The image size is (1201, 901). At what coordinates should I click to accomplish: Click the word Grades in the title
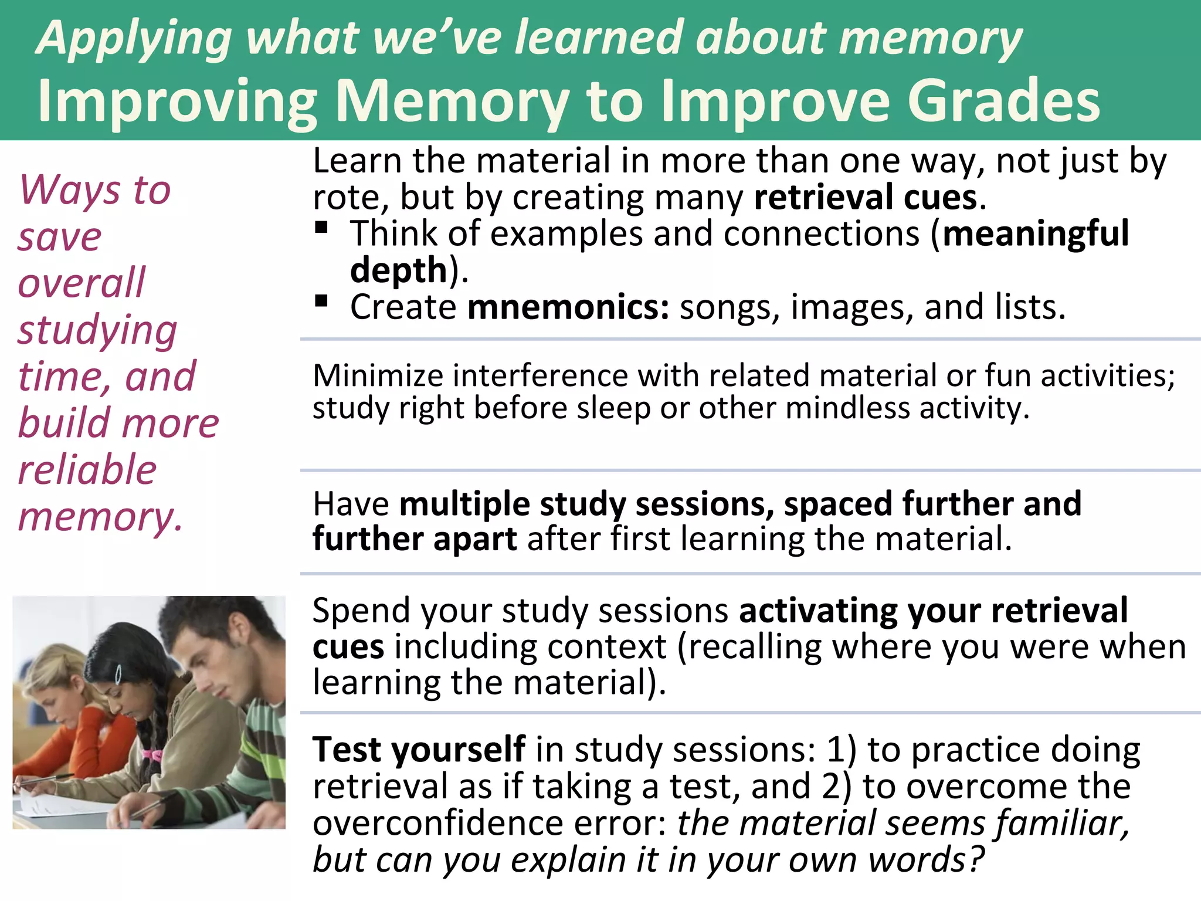click(1003, 101)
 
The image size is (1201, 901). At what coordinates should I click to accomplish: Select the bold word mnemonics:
click(568, 307)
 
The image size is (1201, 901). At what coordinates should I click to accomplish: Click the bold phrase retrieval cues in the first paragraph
click(866, 197)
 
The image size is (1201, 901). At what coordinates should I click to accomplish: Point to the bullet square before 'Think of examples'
click(321, 227)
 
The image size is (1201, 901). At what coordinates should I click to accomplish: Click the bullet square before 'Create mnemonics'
click(321, 301)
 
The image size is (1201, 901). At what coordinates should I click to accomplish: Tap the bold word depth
click(399, 270)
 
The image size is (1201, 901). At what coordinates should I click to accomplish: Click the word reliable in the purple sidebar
click(87, 470)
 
